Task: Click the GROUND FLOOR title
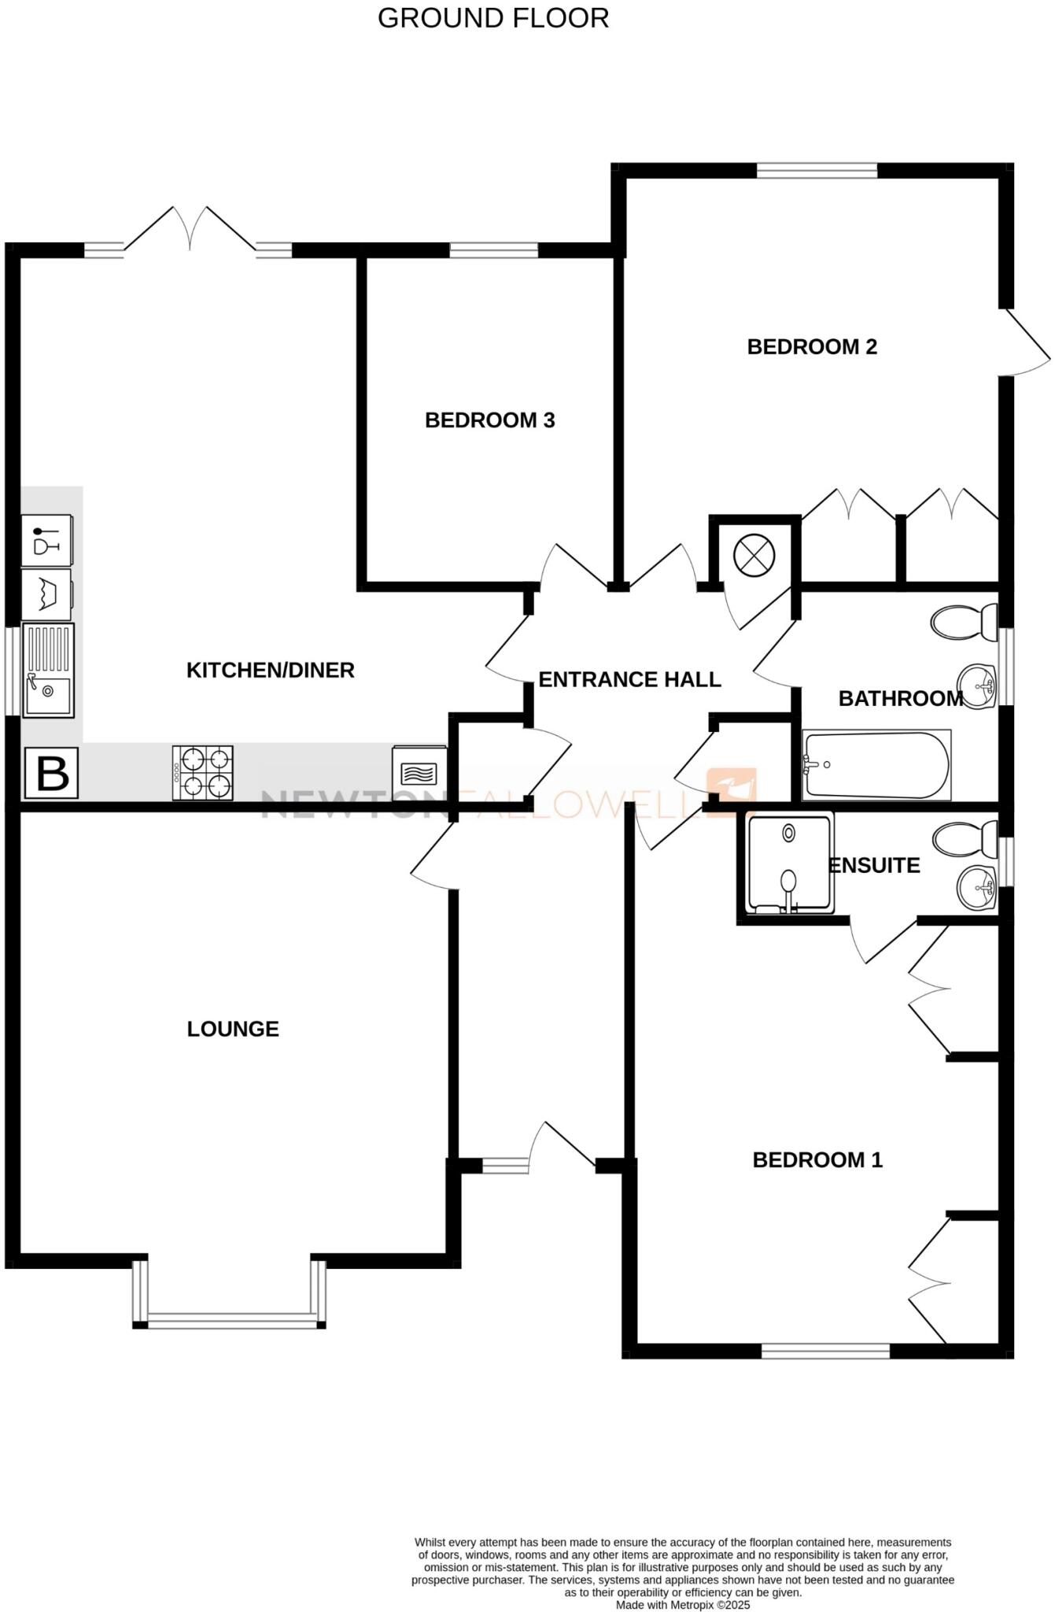point(493,18)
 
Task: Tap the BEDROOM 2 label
point(812,347)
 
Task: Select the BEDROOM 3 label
point(489,420)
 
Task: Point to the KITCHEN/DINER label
point(270,670)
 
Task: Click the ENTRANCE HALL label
point(629,679)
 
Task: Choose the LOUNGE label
point(233,1029)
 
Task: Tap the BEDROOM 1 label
point(817,1159)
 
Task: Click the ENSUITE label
point(875,866)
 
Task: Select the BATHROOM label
point(901,698)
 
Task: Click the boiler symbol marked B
point(52,773)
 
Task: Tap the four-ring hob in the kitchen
point(203,773)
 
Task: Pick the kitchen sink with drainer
point(48,670)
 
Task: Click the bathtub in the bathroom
point(876,764)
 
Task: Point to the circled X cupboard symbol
point(754,555)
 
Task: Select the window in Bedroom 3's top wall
point(494,250)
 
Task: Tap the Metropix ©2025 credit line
point(683,1604)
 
